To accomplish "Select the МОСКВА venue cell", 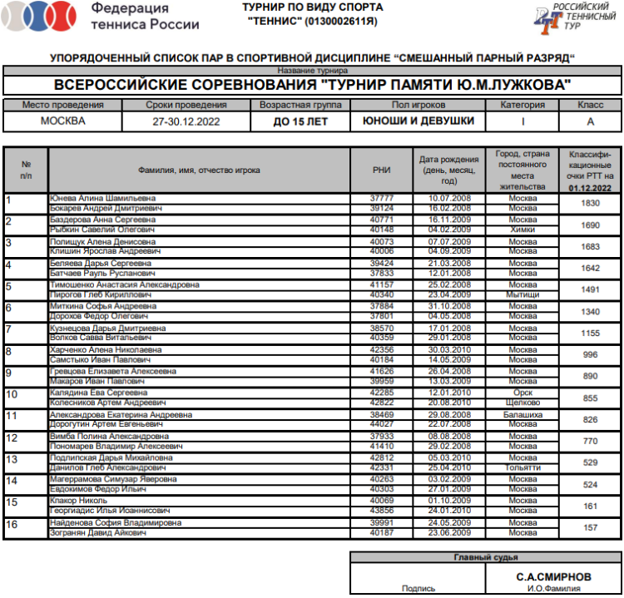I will click(62, 121).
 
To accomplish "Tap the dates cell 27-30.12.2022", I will click(186, 121).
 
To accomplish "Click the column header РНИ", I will click(382, 171).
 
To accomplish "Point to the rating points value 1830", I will click(590, 203).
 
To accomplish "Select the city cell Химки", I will click(523, 230).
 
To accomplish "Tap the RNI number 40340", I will click(382, 294).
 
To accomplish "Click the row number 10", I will click(12, 393).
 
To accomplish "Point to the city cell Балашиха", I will click(523, 414).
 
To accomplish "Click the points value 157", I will click(590, 527).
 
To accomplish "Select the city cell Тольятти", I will click(523, 467).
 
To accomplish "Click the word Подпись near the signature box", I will click(418, 588).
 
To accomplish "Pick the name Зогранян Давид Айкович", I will click(98, 532).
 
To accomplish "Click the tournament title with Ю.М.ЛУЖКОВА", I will click(312, 85).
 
